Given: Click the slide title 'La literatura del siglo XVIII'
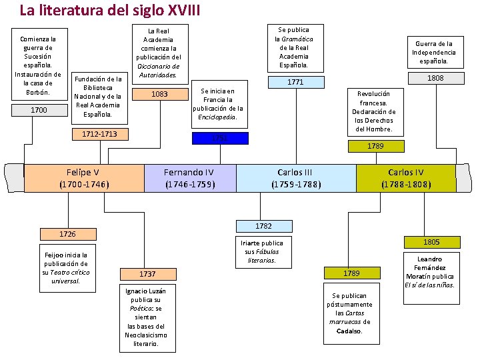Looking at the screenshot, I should coord(109,11).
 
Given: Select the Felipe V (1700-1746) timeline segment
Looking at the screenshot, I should coord(84,178).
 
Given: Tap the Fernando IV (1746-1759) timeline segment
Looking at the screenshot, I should coord(190,178).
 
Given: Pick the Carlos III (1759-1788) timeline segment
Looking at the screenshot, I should coord(296,178).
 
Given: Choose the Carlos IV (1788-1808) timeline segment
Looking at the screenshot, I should coord(406,178).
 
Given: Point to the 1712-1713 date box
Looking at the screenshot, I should coord(99,135).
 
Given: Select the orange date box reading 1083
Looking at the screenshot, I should coord(159,95).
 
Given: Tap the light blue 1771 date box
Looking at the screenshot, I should coord(295,82).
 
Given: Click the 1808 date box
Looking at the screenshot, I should coord(435,78).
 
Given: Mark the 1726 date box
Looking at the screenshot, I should coord(67,234).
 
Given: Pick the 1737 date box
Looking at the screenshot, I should coord(148,274).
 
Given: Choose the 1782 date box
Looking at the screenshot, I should coord(263,226).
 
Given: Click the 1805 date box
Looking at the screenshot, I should coord(431,242).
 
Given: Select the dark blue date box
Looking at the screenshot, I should coord(219,138).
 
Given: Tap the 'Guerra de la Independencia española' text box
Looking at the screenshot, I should coord(434,53).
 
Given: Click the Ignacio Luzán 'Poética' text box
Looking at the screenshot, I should coord(146,317).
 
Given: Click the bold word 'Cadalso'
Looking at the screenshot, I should coord(350,331).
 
